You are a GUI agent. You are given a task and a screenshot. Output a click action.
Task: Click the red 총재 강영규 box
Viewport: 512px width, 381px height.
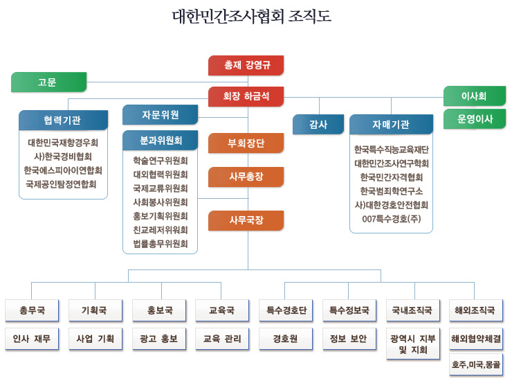[246, 65]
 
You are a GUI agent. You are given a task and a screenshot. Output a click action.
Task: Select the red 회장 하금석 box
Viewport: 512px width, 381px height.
[246, 96]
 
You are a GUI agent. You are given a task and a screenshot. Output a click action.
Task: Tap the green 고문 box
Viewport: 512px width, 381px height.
[48, 82]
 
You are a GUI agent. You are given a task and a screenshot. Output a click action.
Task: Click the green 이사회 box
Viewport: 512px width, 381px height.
[475, 96]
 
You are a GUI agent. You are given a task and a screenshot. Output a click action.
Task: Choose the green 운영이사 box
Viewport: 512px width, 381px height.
[475, 118]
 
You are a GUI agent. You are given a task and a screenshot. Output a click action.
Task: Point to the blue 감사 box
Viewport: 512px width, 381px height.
[318, 124]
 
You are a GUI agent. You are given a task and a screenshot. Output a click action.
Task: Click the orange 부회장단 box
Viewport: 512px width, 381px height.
[246, 143]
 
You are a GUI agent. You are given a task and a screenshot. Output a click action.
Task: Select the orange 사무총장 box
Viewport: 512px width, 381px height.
[246, 177]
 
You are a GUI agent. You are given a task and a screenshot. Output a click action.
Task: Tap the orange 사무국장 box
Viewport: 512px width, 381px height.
[246, 220]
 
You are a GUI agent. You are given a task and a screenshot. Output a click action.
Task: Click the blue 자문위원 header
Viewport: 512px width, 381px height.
[160, 114]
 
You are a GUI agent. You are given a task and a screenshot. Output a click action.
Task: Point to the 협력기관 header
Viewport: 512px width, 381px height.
[63, 120]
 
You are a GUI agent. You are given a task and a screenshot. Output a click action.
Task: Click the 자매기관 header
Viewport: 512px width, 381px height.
[391, 124]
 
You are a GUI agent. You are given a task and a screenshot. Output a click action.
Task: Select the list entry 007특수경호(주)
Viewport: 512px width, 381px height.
[391, 219]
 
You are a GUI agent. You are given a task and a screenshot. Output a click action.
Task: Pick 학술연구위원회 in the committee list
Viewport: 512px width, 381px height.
[160, 161]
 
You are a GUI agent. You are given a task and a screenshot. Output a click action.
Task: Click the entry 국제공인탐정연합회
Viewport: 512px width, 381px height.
[61, 184]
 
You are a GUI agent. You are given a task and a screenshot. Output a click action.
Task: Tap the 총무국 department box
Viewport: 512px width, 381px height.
[32, 310]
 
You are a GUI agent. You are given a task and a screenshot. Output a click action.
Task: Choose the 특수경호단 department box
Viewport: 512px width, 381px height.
[286, 310]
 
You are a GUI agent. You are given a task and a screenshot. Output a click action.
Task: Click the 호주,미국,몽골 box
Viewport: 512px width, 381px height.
[476, 364]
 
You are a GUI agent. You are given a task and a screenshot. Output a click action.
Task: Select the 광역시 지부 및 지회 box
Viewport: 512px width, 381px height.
[413, 344]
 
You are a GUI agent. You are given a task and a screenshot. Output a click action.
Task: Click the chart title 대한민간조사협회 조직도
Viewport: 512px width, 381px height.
[252, 16]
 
